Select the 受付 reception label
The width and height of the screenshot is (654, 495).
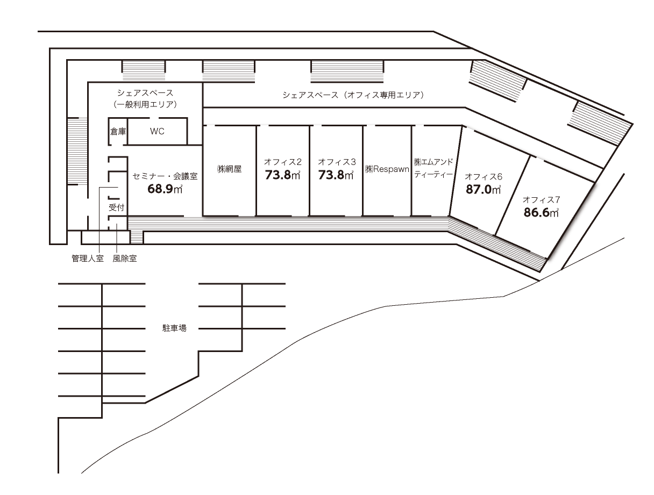[x=117, y=207]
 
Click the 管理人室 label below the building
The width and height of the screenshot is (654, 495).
[x=88, y=259]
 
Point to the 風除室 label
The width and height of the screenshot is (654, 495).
[x=124, y=259]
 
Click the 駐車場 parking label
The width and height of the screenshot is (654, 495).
[x=174, y=328]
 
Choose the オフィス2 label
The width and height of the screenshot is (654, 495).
[x=283, y=161]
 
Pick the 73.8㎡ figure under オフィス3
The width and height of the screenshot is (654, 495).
[x=336, y=175]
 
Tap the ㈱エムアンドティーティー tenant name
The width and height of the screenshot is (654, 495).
[x=434, y=168]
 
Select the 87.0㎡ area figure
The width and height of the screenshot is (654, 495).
[x=484, y=189]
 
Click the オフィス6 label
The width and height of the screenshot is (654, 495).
[x=484, y=176]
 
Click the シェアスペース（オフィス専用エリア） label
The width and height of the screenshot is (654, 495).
[x=354, y=95]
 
